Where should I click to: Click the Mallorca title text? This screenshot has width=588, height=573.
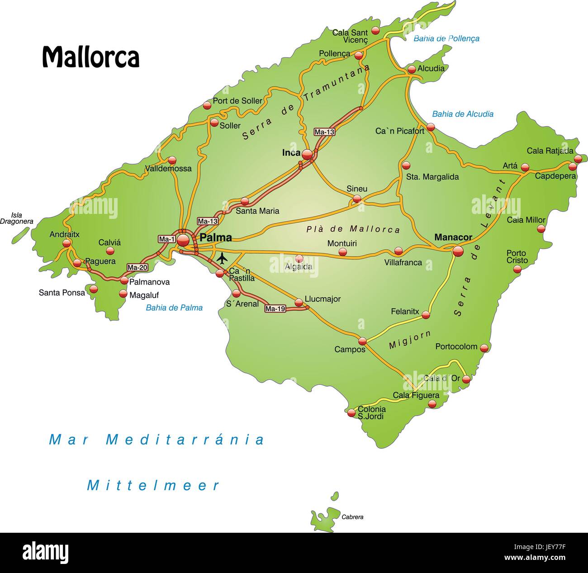click(90, 57)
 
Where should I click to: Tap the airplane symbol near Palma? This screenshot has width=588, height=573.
click(222, 258)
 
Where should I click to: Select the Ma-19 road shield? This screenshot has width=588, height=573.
click(275, 309)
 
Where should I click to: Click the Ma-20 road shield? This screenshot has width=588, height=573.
click(138, 267)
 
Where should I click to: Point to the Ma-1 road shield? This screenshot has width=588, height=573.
click(166, 239)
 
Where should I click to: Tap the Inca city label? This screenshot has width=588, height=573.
click(291, 153)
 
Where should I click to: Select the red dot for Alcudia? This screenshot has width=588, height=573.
click(412, 70)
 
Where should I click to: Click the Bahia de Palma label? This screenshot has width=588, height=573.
click(174, 308)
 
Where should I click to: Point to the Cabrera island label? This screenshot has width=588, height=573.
click(352, 517)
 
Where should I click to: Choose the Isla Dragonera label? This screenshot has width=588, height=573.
click(17, 218)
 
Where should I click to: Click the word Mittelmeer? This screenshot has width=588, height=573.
click(153, 486)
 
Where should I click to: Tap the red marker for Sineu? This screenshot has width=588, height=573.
click(357, 199)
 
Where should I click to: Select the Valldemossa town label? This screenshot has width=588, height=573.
click(168, 169)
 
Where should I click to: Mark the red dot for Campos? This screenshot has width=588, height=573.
click(362, 341)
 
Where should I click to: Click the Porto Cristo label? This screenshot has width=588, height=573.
click(517, 257)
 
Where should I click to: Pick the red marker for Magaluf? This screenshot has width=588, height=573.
click(123, 294)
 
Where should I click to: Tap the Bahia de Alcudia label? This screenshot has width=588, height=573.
click(463, 114)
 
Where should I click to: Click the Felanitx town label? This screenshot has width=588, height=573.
click(405, 311)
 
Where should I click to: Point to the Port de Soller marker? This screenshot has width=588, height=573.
click(207, 105)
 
